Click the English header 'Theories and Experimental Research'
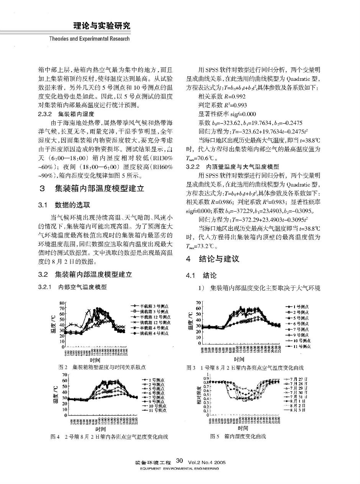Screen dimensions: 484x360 pos(90,38)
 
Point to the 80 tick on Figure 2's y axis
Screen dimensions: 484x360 pos(63,303)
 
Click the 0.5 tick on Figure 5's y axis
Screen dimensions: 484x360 pos(207,395)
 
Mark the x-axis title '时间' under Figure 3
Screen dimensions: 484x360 pos(239,359)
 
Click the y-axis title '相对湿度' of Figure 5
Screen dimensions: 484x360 pos(200,396)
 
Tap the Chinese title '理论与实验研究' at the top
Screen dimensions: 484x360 pos(101,26)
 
